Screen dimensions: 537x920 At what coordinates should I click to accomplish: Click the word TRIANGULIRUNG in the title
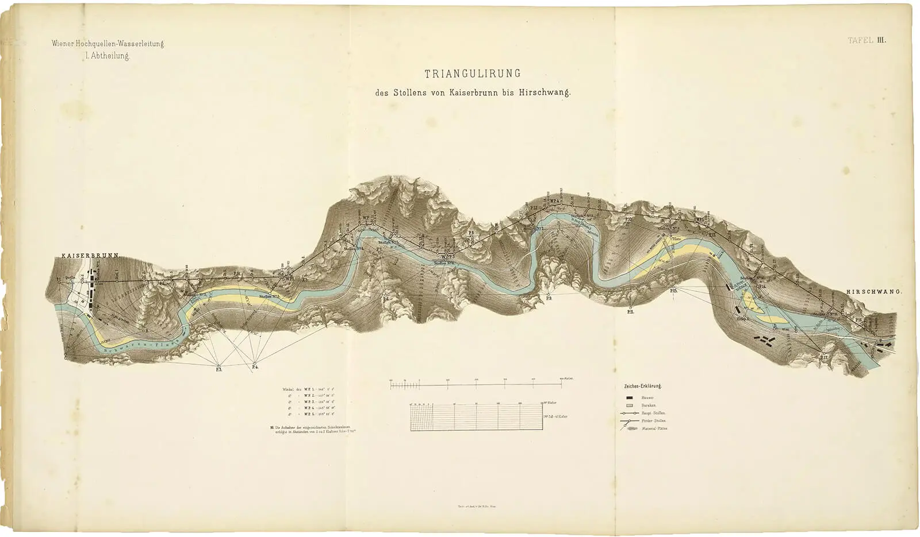click(x=473, y=74)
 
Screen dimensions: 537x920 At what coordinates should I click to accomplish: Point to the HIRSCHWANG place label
click(x=873, y=292)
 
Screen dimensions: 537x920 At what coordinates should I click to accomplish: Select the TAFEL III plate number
click(x=867, y=40)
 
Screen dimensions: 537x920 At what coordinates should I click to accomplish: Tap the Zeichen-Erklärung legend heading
click(x=642, y=386)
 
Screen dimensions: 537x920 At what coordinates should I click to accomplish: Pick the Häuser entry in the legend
click(x=647, y=397)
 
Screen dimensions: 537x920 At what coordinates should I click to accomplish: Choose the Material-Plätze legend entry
click(x=654, y=428)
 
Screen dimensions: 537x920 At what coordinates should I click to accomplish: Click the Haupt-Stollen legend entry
click(x=653, y=413)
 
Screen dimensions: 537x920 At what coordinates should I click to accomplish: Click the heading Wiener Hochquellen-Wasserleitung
click(x=108, y=44)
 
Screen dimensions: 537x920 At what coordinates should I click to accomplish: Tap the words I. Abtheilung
click(x=107, y=56)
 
